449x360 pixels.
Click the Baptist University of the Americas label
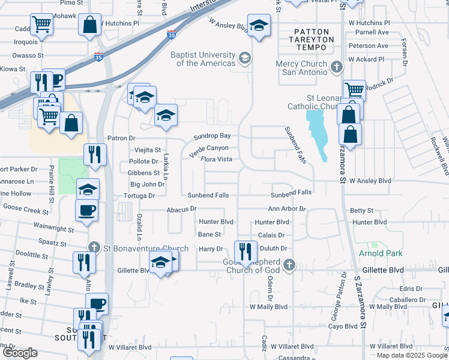pyautogui.click(x=204, y=59)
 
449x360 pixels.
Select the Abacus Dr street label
pyautogui.click(x=182, y=209)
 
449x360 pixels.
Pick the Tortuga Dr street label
pyautogui.click(x=139, y=196)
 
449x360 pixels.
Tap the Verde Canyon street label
pyautogui.click(x=209, y=148)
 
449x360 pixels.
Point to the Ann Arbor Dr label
pyautogui.click(x=287, y=209)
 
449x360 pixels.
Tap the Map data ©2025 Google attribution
pyautogui.click(x=412, y=355)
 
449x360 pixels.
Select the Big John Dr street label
pyautogui.click(x=147, y=184)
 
